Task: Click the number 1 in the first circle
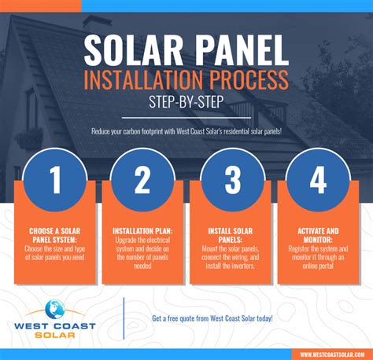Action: [x=56, y=181]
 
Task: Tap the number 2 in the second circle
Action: [x=142, y=181]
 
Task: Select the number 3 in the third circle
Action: [x=231, y=181]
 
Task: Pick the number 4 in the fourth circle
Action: [x=318, y=181]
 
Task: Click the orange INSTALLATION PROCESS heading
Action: [x=186, y=81]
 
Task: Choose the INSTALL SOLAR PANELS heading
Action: [x=231, y=237]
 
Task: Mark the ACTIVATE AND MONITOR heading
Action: [x=318, y=237]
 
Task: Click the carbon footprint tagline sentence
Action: [x=186, y=131]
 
